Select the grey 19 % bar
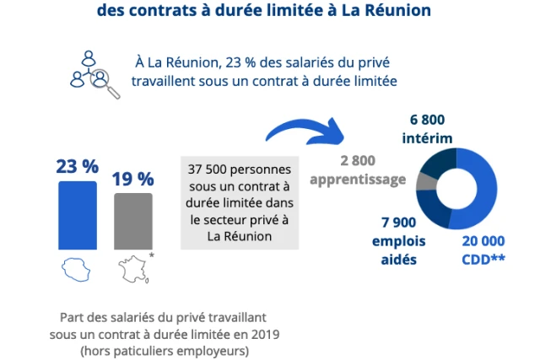pyautogui.click(x=133, y=221)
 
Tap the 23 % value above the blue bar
pyautogui.click(x=78, y=166)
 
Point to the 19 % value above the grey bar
pyautogui.click(x=133, y=179)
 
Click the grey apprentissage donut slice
pyautogui.click(x=426, y=180)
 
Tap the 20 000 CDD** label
pyautogui.click(x=483, y=250)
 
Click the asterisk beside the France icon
pyautogui.click(x=151, y=255)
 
